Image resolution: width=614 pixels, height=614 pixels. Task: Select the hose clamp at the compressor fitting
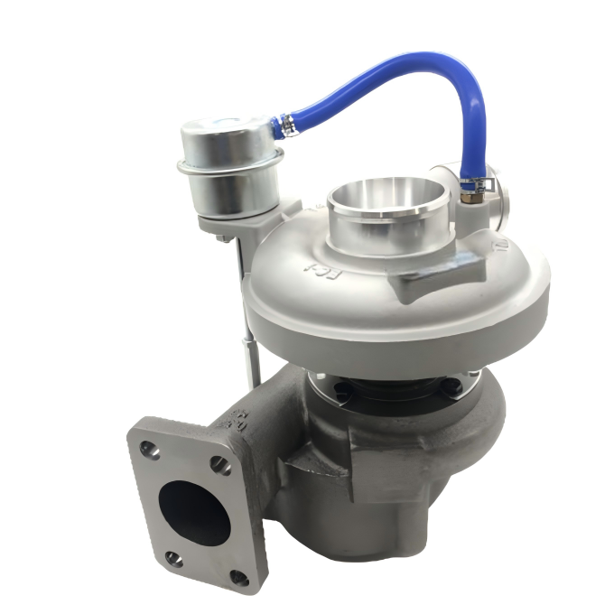coord(470,183)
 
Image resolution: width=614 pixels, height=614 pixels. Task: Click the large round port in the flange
coord(192,511)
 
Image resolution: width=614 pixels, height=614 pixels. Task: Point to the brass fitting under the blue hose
coord(468,194)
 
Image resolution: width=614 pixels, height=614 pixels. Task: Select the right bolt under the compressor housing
coord(458,390)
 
